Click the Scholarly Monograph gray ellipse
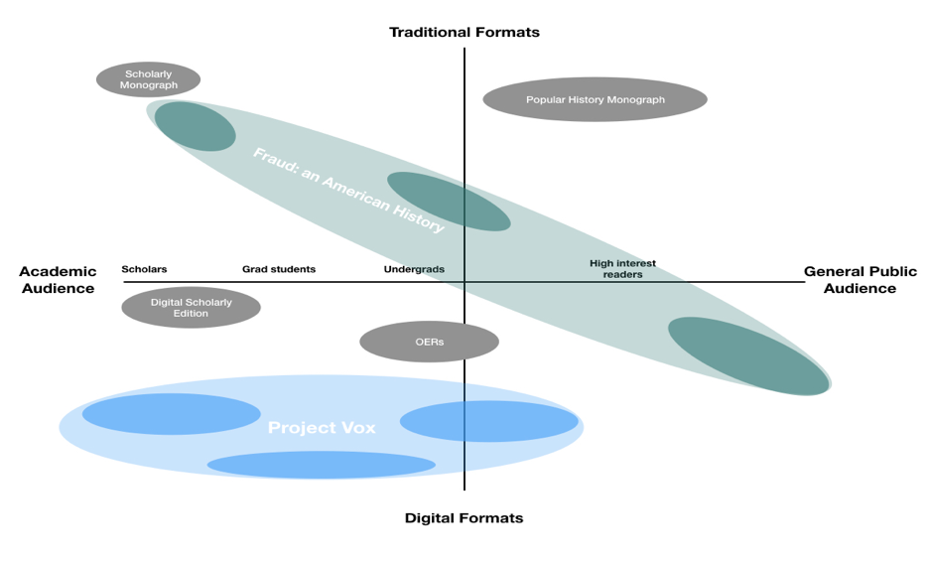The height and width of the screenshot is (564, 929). [x=148, y=79]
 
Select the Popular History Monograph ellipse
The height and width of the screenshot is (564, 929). [x=595, y=99]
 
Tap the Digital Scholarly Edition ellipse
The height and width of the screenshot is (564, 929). [x=191, y=307]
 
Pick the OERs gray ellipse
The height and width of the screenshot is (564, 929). [x=429, y=342]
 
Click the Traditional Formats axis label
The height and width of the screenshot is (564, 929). [x=464, y=32]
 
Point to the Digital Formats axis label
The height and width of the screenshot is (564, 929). [x=464, y=517]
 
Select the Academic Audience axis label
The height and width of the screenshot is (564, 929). [x=58, y=280]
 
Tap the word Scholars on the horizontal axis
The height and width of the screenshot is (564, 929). [x=144, y=269]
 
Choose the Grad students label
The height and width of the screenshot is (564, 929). [x=279, y=269]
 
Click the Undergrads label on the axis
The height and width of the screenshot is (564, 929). [x=414, y=269]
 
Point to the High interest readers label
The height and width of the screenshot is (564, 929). [x=622, y=268]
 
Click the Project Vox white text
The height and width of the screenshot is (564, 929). [x=322, y=428]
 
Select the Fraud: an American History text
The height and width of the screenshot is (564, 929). [x=348, y=190]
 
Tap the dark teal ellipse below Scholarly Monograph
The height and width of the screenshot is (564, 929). [x=195, y=126]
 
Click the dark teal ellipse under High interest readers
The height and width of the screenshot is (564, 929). [x=748, y=356]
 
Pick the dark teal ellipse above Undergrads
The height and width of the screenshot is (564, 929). [x=449, y=202]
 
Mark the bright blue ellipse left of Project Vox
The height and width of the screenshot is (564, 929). [x=171, y=414]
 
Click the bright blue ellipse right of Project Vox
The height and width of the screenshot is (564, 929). [x=489, y=421]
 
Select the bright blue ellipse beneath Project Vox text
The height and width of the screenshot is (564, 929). [x=321, y=465]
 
